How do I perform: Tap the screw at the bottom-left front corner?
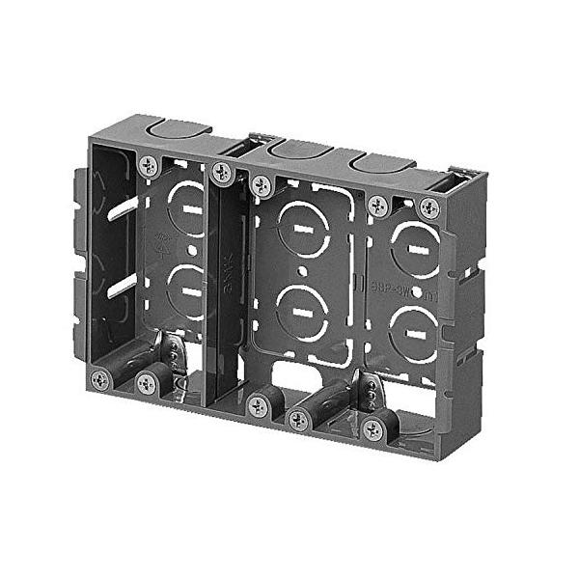point(100,379)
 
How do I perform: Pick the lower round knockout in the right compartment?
point(419,330)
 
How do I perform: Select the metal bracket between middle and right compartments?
point(368,390)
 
